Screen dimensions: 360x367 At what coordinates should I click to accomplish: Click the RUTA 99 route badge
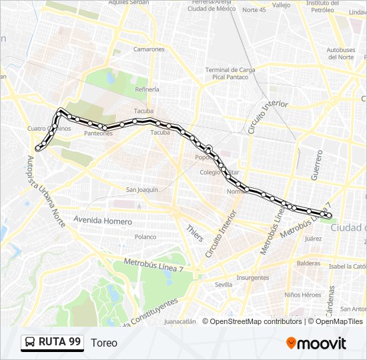52,342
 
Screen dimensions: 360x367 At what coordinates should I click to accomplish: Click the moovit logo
316,343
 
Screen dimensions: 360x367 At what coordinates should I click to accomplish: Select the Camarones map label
148,49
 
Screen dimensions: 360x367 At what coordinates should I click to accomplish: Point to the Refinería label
147,89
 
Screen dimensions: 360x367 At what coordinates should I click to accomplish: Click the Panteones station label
98,133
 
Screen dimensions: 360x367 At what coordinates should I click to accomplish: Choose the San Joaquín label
142,190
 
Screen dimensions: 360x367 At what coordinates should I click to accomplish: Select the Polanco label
145,237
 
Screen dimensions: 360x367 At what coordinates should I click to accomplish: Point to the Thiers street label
195,233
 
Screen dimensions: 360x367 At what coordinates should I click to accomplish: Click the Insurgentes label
252,278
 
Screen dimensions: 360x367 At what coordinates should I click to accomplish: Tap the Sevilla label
224,285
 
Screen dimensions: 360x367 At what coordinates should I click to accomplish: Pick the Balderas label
309,263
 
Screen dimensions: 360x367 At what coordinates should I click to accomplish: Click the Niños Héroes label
302,295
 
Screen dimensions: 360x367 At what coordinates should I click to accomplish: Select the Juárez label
312,238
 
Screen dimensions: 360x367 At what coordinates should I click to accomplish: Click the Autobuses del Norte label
342,53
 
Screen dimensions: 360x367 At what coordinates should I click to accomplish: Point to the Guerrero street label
316,164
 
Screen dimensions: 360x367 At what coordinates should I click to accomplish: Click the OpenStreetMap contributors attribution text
256,321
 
